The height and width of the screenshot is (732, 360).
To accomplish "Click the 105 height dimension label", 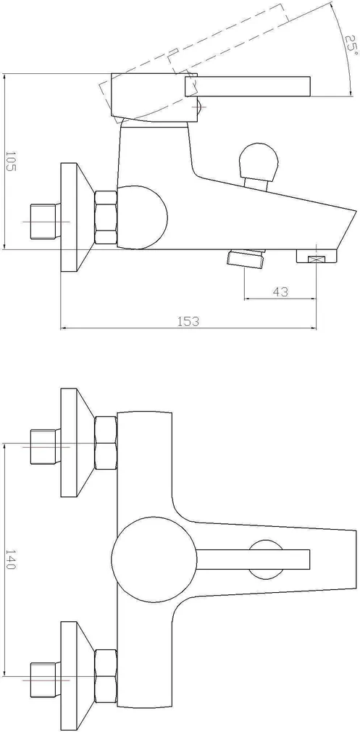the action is tap(10, 162).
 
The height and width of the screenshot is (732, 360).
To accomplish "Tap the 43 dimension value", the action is tap(280, 292).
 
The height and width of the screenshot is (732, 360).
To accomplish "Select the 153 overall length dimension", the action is tap(188, 321).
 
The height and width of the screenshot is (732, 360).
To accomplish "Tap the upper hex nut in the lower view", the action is tap(106, 443).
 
